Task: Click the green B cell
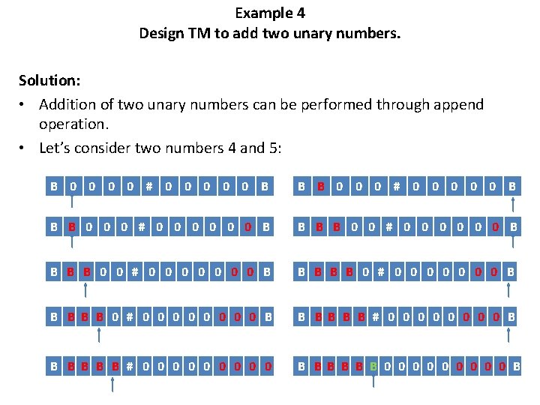pyautogui.click(x=373, y=367)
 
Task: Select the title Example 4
pyautogui.click(x=270, y=13)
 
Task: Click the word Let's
pyautogui.click(x=58, y=148)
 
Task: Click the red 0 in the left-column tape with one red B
pyautogui.click(x=247, y=226)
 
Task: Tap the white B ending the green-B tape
pyautogui.click(x=517, y=367)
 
